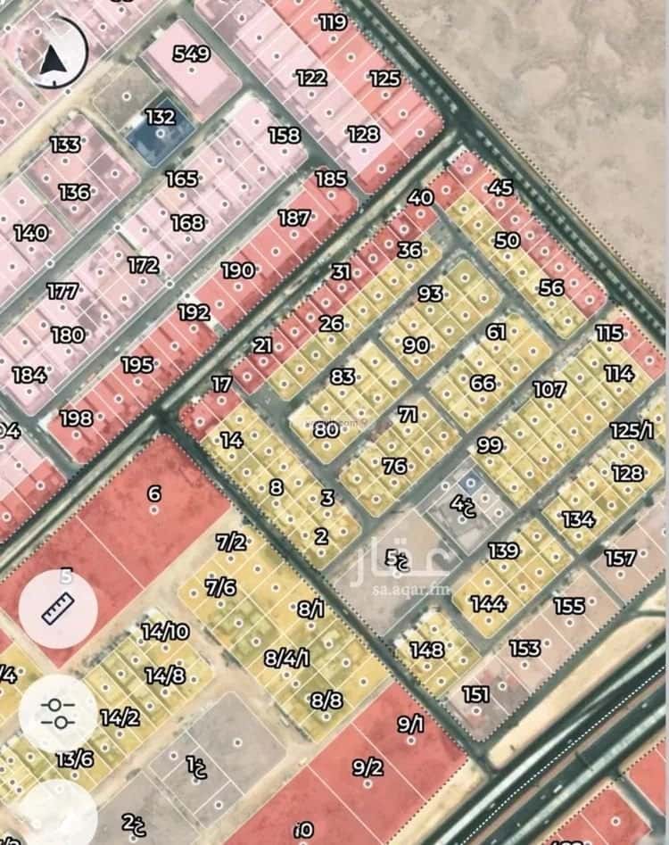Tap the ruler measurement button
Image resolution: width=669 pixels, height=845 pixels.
pyautogui.click(x=58, y=609)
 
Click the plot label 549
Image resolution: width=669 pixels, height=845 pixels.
pyautogui.click(x=191, y=54)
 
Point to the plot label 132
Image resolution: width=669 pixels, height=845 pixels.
pyautogui.click(x=161, y=117)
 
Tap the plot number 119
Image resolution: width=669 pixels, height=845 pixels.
pyautogui.click(x=332, y=22)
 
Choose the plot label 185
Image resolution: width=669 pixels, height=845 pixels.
pyautogui.click(x=331, y=178)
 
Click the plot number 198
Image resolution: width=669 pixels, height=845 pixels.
pyautogui.click(x=76, y=418)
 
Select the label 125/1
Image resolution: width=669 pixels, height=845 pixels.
pyautogui.click(x=632, y=431)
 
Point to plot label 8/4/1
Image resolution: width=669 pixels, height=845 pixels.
pyautogui.click(x=287, y=659)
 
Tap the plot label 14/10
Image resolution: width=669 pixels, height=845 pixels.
pyautogui.click(x=165, y=632)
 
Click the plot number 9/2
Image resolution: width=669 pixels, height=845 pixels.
pyautogui.click(x=368, y=766)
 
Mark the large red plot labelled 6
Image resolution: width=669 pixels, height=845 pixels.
pyautogui.click(x=154, y=493)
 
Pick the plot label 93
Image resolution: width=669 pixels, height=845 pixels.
pyautogui.click(x=430, y=293)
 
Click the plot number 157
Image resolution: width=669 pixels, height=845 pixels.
pyautogui.click(x=620, y=559)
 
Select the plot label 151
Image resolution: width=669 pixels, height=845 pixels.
pyautogui.click(x=476, y=694)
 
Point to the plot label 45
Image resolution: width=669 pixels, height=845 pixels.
pyautogui.click(x=501, y=187)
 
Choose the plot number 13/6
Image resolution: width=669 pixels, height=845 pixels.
pyautogui.click(x=74, y=758)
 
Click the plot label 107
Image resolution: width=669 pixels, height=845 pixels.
pyautogui.click(x=549, y=389)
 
